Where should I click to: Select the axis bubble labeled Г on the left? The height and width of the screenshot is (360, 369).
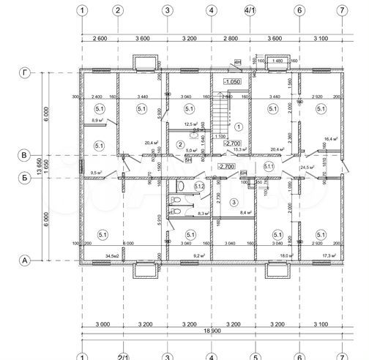pyautogui.click(x=24, y=72)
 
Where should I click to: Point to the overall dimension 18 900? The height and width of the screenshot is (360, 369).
pyautogui.click(x=212, y=330)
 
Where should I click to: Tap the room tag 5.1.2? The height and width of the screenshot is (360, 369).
pyautogui.click(x=199, y=187)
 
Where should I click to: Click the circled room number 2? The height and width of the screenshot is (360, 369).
pyautogui.click(x=180, y=145)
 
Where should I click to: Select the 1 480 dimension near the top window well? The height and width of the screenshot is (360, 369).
pyautogui.click(x=277, y=61)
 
